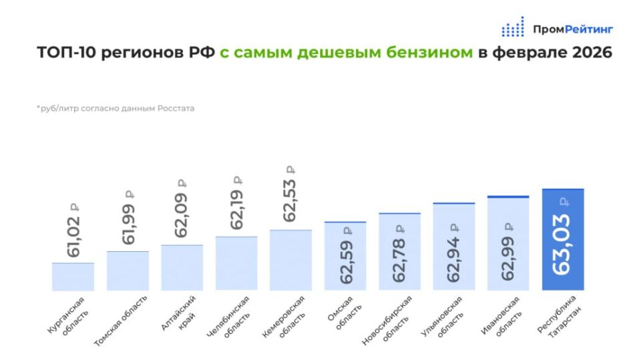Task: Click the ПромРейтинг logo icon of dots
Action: click(513, 27)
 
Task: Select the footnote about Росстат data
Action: click(116, 108)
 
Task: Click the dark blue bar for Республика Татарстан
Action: click(563, 240)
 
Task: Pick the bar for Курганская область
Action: click(73, 277)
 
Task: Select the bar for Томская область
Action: click(128, 271)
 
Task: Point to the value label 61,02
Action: click(73, 235)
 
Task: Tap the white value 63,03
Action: click(563, 244)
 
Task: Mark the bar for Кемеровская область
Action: click(290, 260)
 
